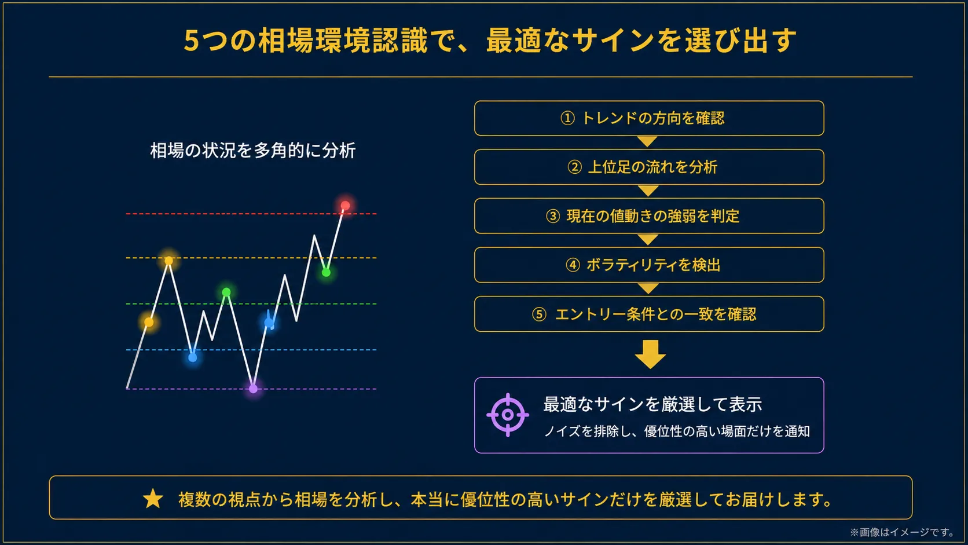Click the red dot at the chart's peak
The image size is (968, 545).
tap(345, 205)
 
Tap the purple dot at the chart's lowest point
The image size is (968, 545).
tap(253, 389)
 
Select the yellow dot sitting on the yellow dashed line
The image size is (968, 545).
tap(168, 261)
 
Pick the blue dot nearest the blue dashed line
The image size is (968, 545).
tap(193, 357)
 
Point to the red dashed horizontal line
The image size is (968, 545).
tap(251, 214)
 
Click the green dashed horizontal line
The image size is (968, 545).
tap(251, 304)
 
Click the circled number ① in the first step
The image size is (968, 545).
tap(567, 118)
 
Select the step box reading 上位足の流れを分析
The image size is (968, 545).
tap(649, 167)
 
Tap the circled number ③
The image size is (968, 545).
tap(553, 216)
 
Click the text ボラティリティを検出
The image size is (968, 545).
tap(654, 265)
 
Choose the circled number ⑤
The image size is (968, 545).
tap(539, 314)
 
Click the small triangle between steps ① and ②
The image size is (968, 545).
tap(647, 141)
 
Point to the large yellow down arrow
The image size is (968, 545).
tap(650, 354)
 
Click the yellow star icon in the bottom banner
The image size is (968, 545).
tap(153, 499)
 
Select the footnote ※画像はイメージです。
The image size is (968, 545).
tap(903, 532)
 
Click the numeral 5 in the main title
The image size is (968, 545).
tap(191, 41)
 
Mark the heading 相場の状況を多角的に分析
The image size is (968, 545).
tap(253, 151)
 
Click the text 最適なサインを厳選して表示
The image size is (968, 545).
tap(652, 404)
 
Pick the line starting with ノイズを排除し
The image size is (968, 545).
tap(676, 431)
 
